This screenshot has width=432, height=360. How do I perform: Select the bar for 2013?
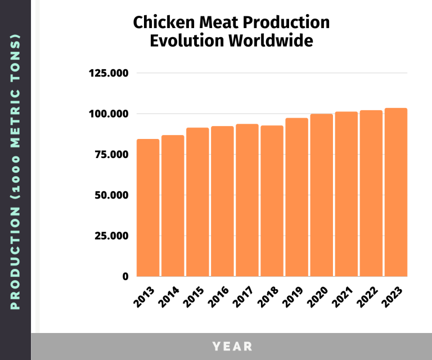148,208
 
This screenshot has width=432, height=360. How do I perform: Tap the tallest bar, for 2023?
395,192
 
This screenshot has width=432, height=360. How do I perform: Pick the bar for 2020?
321,195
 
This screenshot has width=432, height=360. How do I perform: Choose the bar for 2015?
197,202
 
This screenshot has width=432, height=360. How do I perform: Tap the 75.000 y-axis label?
111,155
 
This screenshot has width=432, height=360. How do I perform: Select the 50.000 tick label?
111,195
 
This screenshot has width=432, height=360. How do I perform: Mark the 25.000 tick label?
111,236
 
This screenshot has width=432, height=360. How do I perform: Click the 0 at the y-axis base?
125,276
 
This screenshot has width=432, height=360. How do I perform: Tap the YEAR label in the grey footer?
232,346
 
